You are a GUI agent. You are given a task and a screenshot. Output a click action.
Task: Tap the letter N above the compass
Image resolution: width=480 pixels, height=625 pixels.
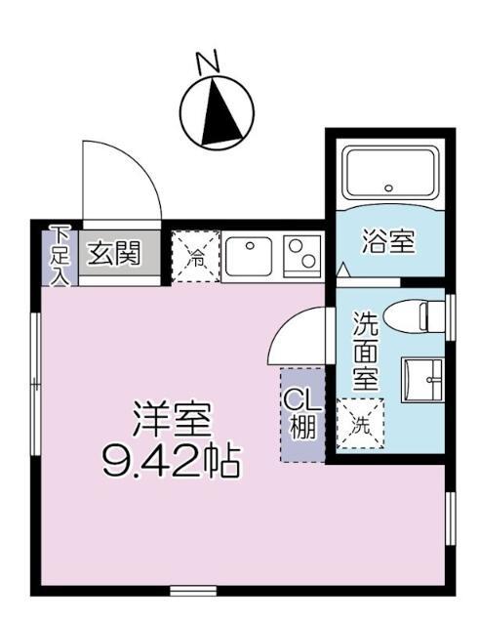click(207, 63)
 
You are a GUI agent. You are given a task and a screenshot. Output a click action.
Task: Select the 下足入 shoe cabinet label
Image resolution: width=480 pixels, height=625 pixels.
click(60, 255)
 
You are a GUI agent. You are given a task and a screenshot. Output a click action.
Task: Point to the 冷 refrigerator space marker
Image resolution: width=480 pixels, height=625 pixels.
click(196, 258)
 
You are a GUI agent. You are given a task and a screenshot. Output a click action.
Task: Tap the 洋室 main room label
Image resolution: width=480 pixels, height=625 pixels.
click(172, 419)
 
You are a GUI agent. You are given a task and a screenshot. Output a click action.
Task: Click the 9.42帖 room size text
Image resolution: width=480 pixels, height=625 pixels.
click(172, 459)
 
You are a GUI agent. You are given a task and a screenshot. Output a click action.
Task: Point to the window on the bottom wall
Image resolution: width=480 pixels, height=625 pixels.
click(192, 591)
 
